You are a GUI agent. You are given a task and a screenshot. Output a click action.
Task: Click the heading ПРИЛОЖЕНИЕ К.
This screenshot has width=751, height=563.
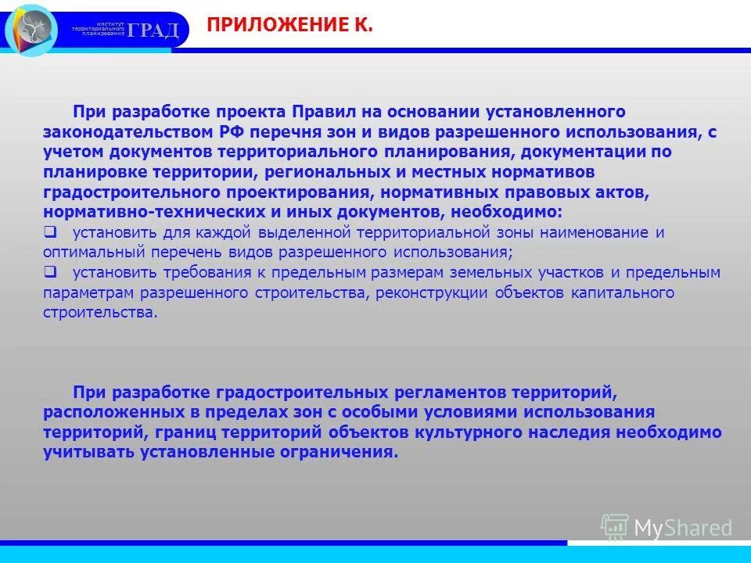click(289, 27)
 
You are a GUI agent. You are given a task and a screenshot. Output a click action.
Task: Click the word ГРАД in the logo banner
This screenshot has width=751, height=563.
click(154, 30)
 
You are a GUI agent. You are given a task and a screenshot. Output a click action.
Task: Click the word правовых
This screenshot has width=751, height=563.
click(589, 192)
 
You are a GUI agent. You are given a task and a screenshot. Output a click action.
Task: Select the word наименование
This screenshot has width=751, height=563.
click(602, 232)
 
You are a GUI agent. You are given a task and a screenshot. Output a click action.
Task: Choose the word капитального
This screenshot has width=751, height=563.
click(621, 292)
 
